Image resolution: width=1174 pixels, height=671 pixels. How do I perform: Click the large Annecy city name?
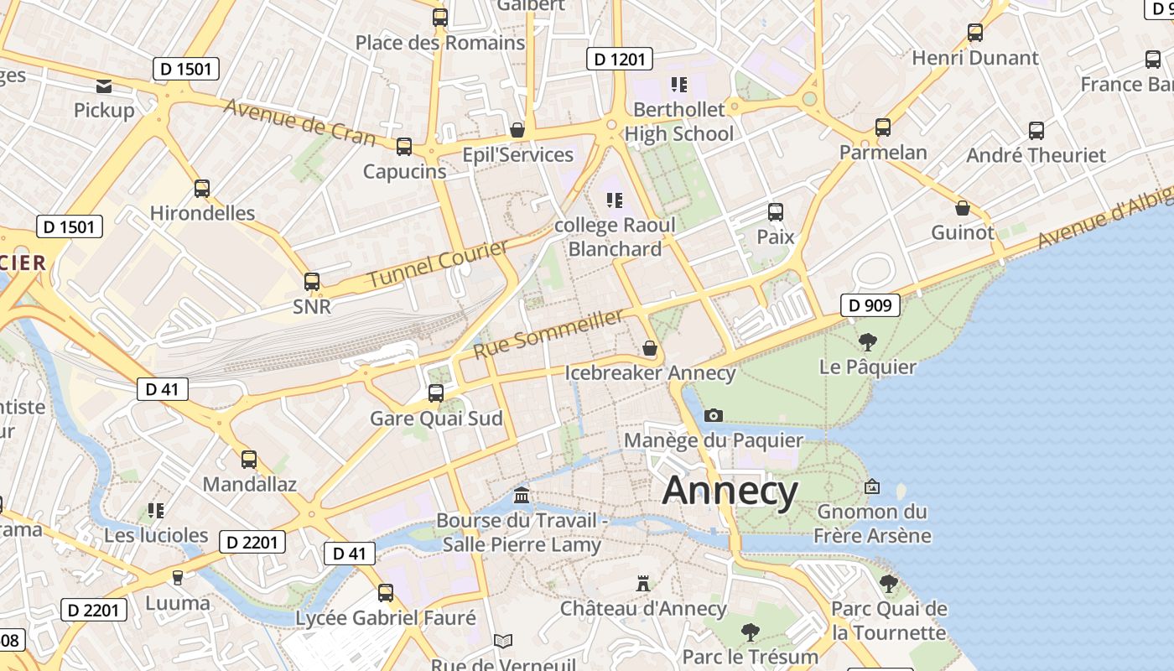730,491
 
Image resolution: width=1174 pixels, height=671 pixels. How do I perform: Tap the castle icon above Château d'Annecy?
643,583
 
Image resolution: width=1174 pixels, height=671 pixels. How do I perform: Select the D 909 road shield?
870,305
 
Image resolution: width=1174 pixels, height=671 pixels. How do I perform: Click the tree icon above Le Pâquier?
868,341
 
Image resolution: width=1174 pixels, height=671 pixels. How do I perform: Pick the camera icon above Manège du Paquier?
714,415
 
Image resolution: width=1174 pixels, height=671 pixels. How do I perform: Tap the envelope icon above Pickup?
104,86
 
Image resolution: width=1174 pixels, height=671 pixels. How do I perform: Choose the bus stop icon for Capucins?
404,147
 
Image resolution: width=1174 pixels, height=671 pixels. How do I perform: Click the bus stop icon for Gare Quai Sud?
436,393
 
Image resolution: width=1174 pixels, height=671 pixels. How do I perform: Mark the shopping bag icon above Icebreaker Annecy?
649,348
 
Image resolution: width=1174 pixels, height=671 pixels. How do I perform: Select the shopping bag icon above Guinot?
963,208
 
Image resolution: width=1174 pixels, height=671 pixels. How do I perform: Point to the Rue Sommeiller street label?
549,333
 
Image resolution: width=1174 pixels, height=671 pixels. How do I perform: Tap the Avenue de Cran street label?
299,122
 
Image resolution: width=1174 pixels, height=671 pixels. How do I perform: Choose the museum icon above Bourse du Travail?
522,496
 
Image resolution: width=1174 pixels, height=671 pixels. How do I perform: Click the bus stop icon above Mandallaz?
249,460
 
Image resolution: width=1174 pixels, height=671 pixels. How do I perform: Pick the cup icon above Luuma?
177,578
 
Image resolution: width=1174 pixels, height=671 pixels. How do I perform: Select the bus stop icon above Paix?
776,212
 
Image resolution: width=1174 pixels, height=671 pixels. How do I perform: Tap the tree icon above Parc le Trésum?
751,632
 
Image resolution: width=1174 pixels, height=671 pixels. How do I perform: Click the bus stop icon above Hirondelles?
202,189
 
